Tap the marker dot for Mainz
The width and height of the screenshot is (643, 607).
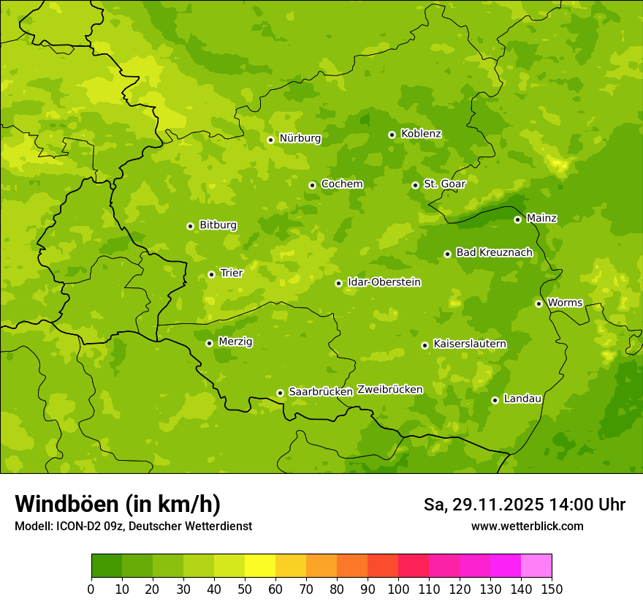point(517,219)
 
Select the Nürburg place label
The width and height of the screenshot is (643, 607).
point(300,138)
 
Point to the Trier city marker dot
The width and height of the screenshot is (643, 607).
point(211,274)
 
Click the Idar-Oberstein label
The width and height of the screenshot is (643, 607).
point(384,282)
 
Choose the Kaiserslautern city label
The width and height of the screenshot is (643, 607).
point(470,344)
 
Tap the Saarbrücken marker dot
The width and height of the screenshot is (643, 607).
point(280,393)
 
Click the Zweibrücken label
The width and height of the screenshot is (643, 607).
point(389,390)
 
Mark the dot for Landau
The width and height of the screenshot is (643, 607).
point(495,400)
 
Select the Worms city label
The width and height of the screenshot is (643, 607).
point(565,303)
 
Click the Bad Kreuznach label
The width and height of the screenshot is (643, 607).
point(494,252)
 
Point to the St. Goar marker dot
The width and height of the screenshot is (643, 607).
point(415,185)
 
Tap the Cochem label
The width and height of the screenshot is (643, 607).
point(342,184)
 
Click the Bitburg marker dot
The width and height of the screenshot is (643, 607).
point(190,226)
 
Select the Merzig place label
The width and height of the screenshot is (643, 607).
point(235,342)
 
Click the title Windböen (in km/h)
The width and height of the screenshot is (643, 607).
point(118,504)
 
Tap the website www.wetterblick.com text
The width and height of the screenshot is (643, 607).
point(527,526)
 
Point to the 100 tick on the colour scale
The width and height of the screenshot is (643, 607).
point(398,589)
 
